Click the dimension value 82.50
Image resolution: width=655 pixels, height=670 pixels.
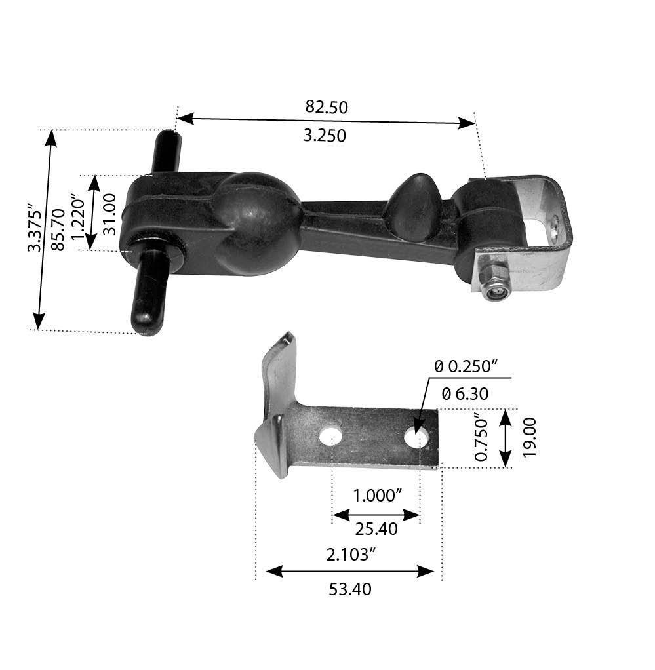tap(326, 107)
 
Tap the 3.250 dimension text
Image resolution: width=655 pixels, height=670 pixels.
tap(326, 136)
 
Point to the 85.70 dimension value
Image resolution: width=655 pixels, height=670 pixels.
tap(58, 231)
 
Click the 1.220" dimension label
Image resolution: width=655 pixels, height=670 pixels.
tap(80, 213)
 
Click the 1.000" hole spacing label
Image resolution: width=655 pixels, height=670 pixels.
tap(377, 495)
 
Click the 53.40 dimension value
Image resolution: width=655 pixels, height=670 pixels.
tap(350, 589)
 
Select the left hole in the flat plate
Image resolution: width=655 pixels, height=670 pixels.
tap(331, 435)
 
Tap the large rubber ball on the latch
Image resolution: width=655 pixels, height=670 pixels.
tap(256, 223)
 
